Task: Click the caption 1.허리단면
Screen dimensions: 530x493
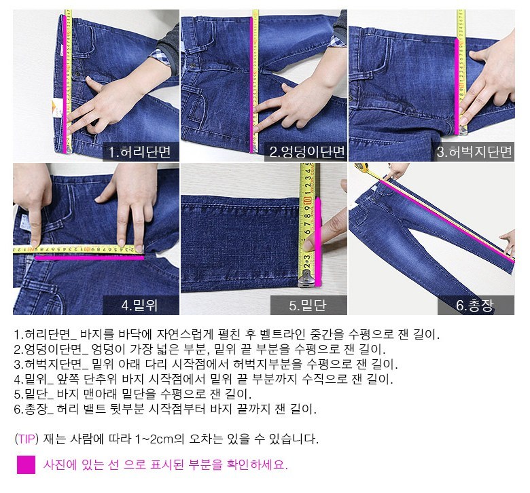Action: (139, 151)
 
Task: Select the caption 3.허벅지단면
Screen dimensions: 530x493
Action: (474, 151)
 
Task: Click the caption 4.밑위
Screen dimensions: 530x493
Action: (139, 305)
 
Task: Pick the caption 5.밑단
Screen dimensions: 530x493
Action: (307, 305)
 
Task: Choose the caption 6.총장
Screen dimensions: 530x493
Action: (474, 305)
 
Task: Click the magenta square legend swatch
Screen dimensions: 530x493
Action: (26, 464)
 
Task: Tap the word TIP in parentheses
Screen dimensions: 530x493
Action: (26, 439)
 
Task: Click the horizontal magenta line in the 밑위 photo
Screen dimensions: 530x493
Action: (90, 258)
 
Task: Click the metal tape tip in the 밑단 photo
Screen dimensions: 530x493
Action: (306, 280)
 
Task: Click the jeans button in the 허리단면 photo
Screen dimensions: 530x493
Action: (77, 73)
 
